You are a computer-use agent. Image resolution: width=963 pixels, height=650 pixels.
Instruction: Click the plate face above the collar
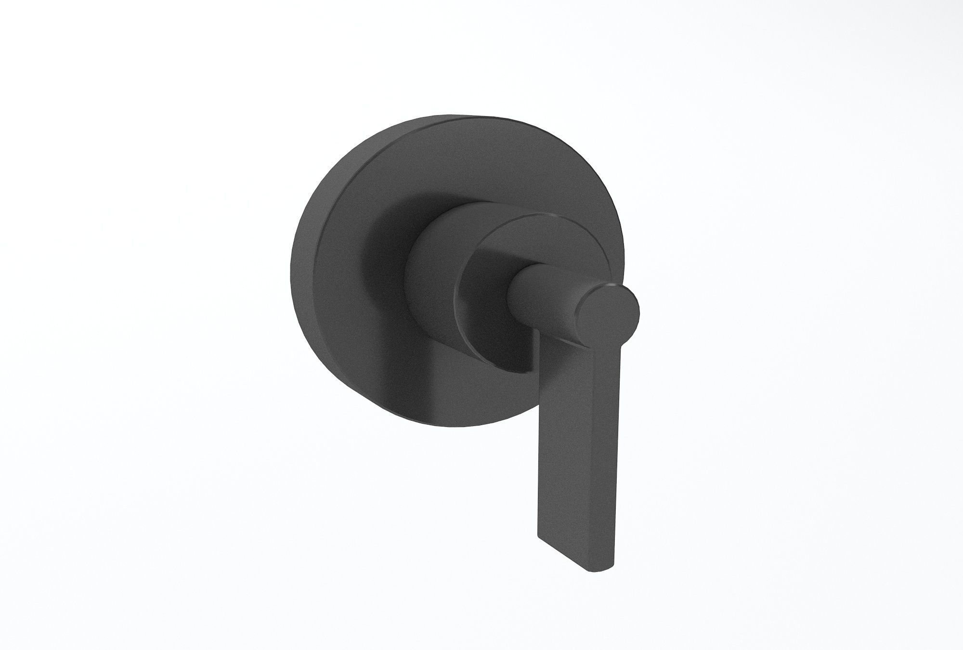457,164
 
